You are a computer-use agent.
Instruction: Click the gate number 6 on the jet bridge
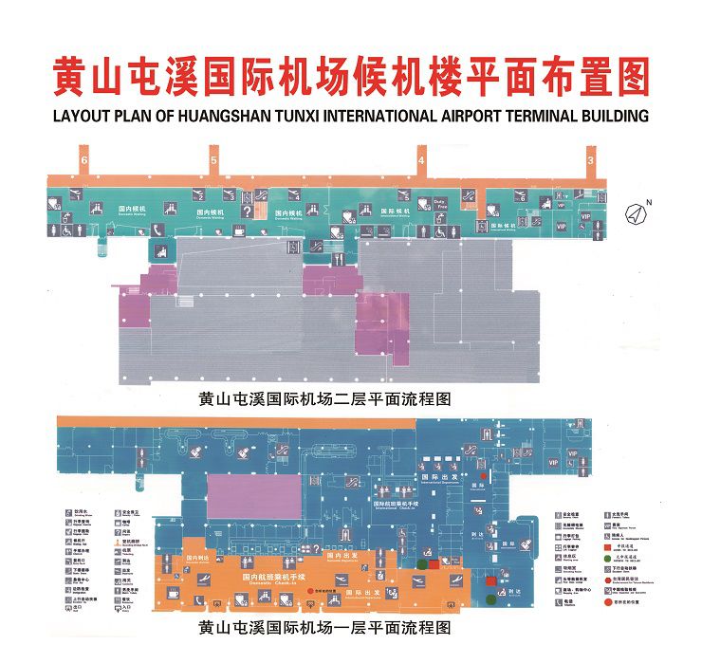pyautogui.click(x=84, y=162)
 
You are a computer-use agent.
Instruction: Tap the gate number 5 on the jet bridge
pyautogui.click(x=214, y=162)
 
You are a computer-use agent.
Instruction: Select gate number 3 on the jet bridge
pyautogui.click(x=592, y=162)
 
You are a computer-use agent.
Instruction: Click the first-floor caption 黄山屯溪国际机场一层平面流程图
pyautogui.click(x=323, y=628)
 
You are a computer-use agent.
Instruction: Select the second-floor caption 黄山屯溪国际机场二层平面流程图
pyautogui.click(x=323, y=399)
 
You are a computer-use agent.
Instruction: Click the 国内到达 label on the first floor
pyautogui.click(x=198, y=558)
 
